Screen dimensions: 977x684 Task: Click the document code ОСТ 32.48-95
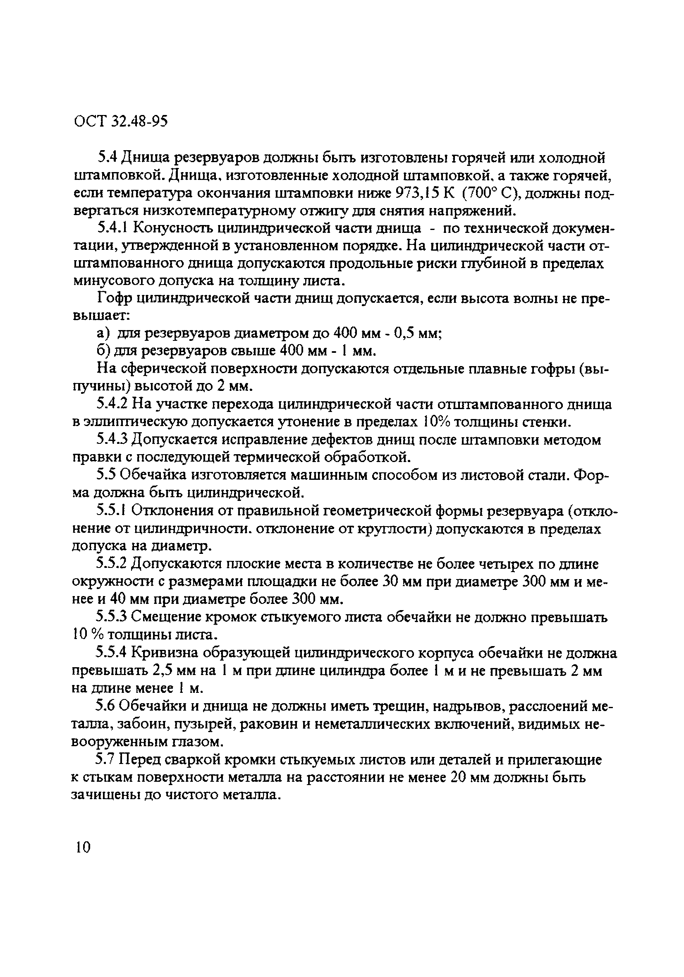click(121, 122)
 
